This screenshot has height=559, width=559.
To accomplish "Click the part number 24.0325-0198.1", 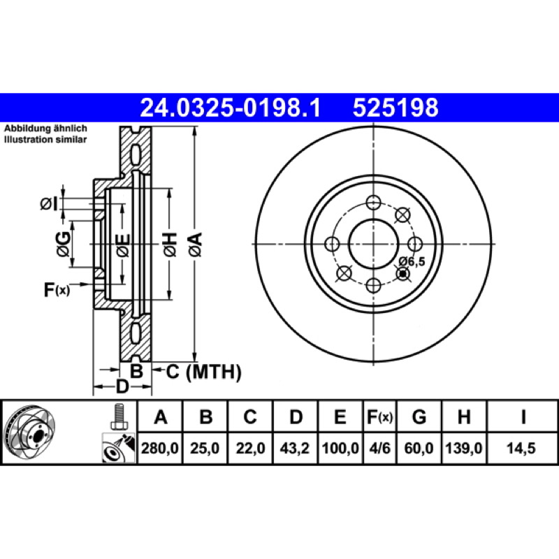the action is tap(231, 108).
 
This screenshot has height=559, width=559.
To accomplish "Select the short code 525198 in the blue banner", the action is tap(395, 108).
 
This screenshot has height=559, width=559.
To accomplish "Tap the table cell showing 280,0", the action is tap(160, 448).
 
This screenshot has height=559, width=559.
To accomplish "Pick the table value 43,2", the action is tap(294, 448).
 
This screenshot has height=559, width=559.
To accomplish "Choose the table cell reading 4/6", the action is tap(379, 448).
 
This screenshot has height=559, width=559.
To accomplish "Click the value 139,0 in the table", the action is tap(464, 448).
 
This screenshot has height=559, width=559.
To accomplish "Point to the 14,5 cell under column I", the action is tap(521, 448).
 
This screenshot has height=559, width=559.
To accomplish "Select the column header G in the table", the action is tap(419, 416).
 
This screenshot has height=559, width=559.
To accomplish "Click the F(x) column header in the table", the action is tap(379, 416).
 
